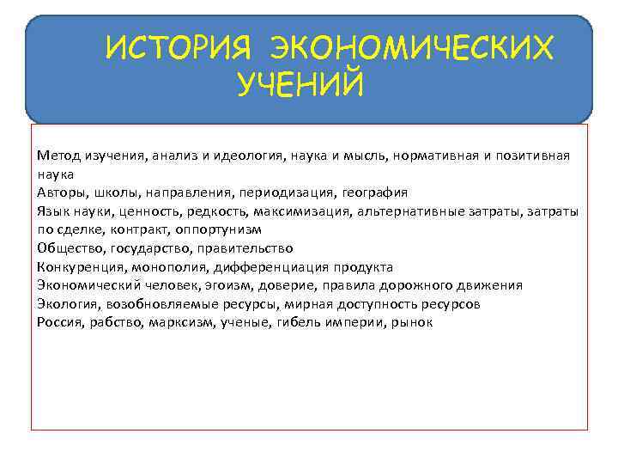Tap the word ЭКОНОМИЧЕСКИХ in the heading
411,49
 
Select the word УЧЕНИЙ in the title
300,85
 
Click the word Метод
56,156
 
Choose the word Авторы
59,192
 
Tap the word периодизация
293,192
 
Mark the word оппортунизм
222,230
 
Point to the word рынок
415,323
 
